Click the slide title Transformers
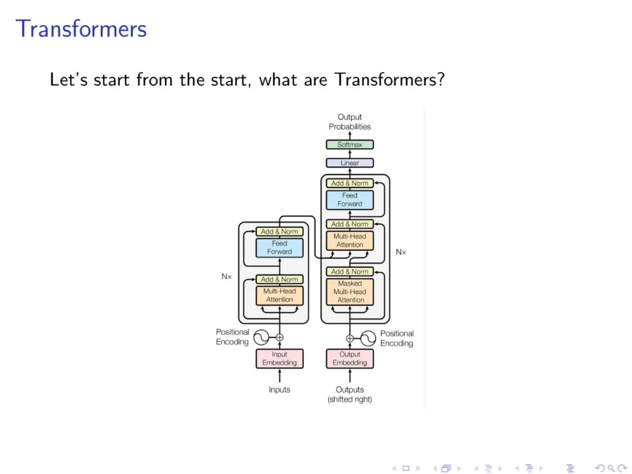pyautogui.click(x=81, y=29)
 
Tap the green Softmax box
pyautogui.click(x=350, y=145)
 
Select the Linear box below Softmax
pyautogui.click(x=350, y=163)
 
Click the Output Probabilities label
pyautogui.click(x=350, y=122)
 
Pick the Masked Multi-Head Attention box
pyautogui.click(x=350, y=292)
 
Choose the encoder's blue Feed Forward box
pyautogui.click(x=280, y=248)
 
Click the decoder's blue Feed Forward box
pyautogui.click(x=350, y=200)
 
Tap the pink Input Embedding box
pyautogui.click(x=280, y=359)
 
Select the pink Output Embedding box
pyautogui.click(x=350, y=359)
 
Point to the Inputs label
pyautogui.click(x=280, y=390)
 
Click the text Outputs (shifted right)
pyautogui.click(x=350, y=394)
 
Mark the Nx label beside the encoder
pyautogui.click(x=226, y=276)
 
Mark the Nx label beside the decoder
pyautogui.click(x=401, y=252)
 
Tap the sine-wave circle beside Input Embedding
pyautogui.click(x=260, y=337)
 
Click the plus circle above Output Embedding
pyautogui.click(x=350, y=338)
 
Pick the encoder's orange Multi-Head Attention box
pyautogui.click(x=280, y=295)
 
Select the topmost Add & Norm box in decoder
pyautogui.click(x=350, y=183)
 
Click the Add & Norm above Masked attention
pyautogui.click(x=350, y=272)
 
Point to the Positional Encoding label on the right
pyautogui.click(x=397, y=338)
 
